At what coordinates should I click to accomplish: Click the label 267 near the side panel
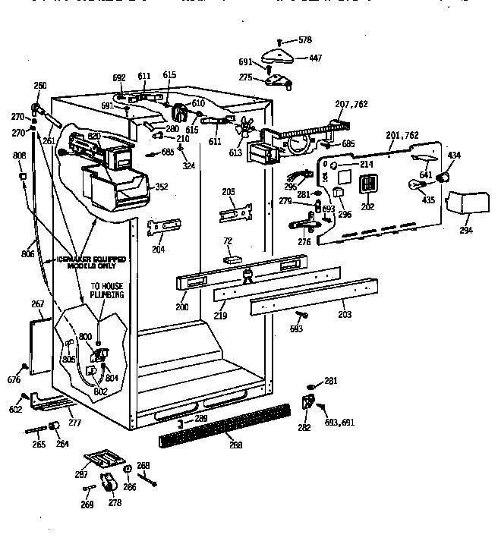pyautogui.click(x=37, y=304)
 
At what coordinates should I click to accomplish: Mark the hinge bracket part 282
pyautogui.click(x=308, y=404)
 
